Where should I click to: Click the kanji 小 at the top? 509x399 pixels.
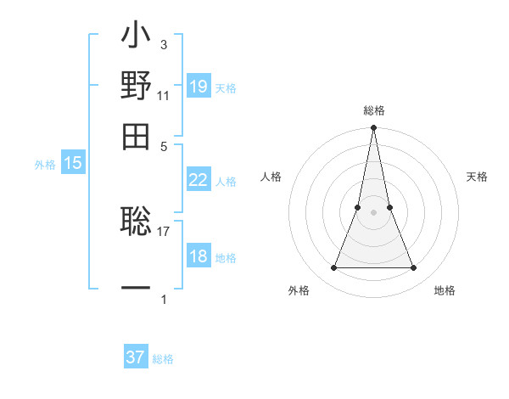[137, 39]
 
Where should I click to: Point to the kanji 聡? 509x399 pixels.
[137, 222]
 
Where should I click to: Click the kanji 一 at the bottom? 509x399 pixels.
[137, 286]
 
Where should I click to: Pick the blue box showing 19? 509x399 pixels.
[198, 86]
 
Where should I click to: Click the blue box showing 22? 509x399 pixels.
[198, 179]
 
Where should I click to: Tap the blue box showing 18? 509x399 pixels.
[198, 256]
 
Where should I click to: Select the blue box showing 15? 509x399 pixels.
[73, 163]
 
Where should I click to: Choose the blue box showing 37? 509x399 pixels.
[136, 357]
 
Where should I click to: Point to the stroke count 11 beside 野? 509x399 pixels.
[164, 96]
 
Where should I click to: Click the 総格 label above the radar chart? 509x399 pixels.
[373, 110]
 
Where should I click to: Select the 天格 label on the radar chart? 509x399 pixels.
[477, 177]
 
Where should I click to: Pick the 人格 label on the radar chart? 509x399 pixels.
[271, 177]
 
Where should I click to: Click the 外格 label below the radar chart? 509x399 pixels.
[299, 291]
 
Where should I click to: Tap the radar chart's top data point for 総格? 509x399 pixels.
[373, 128]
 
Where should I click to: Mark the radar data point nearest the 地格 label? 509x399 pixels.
[413, 268]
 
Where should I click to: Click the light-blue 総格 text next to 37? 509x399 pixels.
[163, 359]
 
